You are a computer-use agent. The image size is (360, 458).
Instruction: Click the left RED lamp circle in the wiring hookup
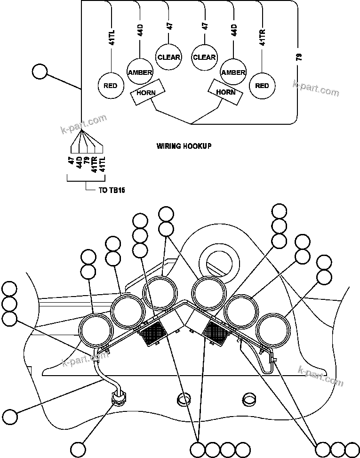(x=111, y=86)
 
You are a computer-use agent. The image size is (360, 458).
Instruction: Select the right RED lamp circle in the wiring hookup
(x=262, y=86)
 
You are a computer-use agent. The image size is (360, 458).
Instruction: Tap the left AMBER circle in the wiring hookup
(x=140, y=72)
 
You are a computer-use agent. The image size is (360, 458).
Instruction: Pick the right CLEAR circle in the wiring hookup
(x=204, y=57)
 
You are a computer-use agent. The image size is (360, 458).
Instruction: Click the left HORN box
(x=146, y=92)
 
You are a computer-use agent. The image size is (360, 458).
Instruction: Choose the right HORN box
(x=226, y=92)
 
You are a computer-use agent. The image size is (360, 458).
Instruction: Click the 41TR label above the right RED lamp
(x=262, y=36)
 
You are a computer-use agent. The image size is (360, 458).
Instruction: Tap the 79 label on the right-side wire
(x=299, y=57)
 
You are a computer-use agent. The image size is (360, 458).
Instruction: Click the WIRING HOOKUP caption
(x=184, y=146)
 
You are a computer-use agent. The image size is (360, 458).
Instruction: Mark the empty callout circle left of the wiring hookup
(x=40, y=72)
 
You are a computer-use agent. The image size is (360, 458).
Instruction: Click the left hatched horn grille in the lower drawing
(x=152, y=335)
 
